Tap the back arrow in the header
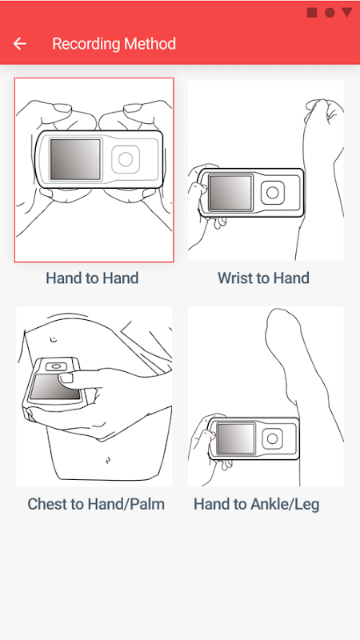19,44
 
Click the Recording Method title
114,44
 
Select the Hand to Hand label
92,278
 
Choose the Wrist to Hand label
264,278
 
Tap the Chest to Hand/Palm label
96,504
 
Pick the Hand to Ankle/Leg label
256,504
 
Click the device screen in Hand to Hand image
75,159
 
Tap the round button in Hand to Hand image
126,159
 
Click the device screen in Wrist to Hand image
230,192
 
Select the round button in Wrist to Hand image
273,192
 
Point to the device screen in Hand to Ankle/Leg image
235,438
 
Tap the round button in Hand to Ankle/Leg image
272,438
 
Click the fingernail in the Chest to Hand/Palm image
67,378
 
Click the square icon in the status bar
312,13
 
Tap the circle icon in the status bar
330,13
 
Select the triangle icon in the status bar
347,12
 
